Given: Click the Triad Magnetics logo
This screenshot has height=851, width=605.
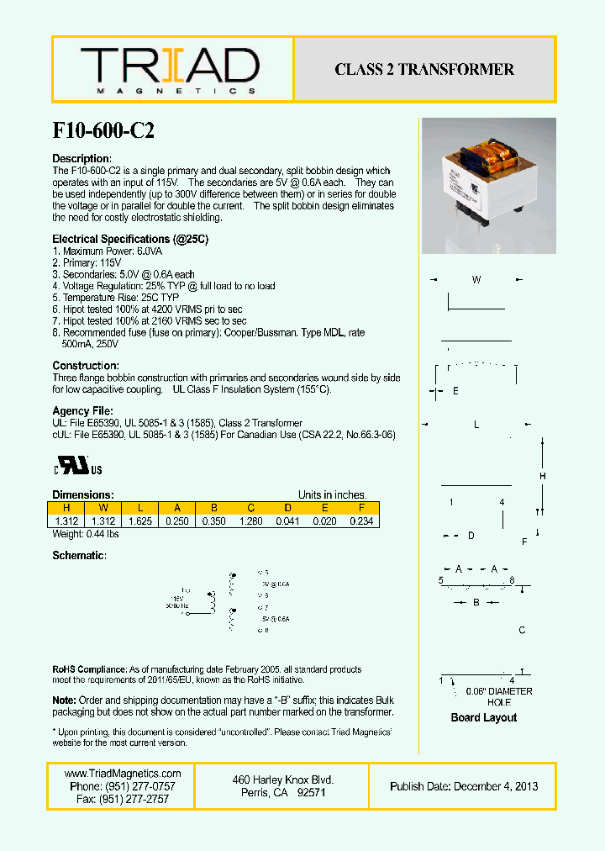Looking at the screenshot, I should [x=170, y=69].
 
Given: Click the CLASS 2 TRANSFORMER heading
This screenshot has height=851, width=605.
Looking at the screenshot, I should [x=424, y=70].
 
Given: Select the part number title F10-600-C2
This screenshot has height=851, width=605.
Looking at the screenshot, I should [x=103, y=130].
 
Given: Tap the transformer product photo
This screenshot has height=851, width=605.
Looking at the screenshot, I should [x=487, y=186].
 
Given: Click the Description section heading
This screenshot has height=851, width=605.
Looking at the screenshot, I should [x=82, y=159].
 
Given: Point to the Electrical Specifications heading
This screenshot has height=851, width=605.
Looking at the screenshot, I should [x=130, y=240].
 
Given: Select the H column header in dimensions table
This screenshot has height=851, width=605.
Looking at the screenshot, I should [x=66, y=508].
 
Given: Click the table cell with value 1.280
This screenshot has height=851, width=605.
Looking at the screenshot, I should [x=250, y=521].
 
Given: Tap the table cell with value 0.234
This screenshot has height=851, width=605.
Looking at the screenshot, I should [x=361, y=521].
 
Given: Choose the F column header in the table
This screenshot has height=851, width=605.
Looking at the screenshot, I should [x=361, y=508].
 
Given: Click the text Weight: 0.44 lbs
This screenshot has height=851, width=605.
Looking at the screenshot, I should [x=86, y=534].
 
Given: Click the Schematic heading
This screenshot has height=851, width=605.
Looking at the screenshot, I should [x=80, y=556].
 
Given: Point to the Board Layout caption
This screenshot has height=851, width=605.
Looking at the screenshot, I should [x=483, y=717].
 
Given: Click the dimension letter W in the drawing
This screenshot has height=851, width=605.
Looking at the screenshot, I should [x=476, y=280].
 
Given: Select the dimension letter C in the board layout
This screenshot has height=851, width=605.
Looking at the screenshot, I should [x=522, y=630].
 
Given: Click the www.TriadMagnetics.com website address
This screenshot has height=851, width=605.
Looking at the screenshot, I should [x=123, y=774].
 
